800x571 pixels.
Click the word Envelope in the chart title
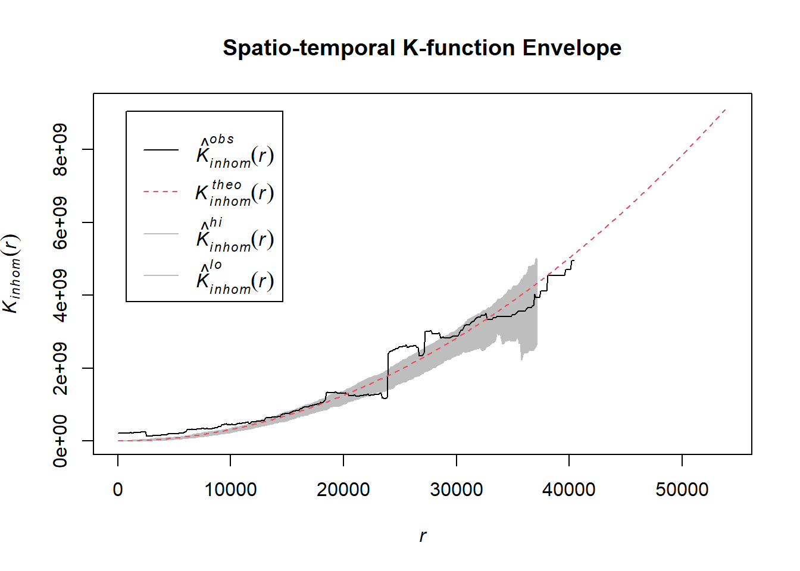pos(571,48)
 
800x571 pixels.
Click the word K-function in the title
pos(459,48)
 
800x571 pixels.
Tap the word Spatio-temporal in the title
pos(309,48)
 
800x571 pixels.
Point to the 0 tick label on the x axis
pos(118,490)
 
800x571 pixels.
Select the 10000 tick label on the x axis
pos(230,490)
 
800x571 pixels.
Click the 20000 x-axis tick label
pos(343,490)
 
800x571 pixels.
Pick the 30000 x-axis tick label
pos(457,490)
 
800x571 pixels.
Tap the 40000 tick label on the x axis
pos(569,490)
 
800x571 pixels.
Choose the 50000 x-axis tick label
pos(682,490)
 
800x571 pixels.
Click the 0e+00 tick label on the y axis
pos(60,441)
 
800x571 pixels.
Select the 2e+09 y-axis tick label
pos(60,368)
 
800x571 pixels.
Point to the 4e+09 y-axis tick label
pos(60,295)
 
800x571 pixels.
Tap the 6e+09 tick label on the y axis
pos(60,222)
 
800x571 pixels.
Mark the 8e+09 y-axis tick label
pos(60,149)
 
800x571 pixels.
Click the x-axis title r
pos(423,536)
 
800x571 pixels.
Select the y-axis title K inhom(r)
pos(12,274)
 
